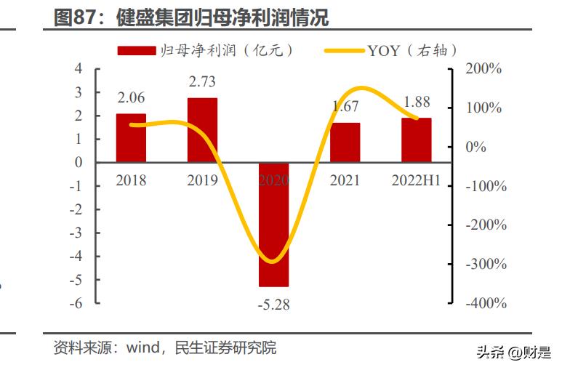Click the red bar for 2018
click(131, 137)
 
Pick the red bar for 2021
click(345, 142)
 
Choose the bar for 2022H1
click(417, 140)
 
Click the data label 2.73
click(202, 82)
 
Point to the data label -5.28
click(273, 305)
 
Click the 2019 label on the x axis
click(202, 180)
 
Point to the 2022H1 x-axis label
click(417, 180)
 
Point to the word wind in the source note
click(143, 348)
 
